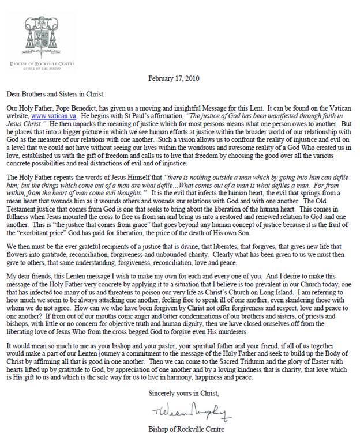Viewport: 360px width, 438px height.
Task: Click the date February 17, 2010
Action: (x=177, y=79)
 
